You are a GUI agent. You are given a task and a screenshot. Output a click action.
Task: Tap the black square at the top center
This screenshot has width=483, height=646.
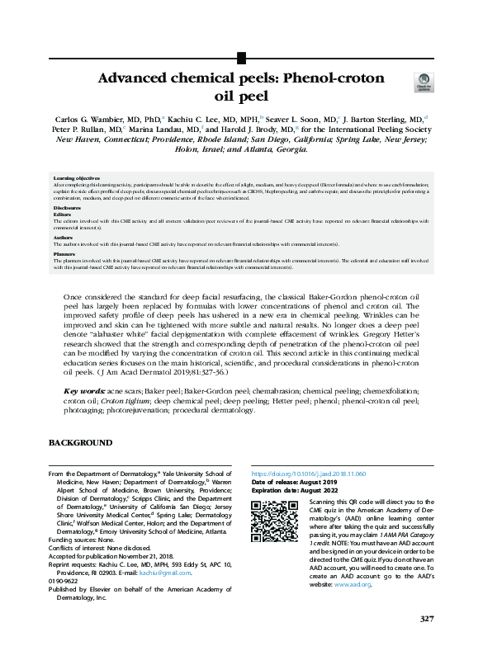[241, 58]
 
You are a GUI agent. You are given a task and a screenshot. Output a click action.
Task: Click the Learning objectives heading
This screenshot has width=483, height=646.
[78, 178]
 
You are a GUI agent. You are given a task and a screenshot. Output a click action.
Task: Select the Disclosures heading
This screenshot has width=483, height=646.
[68, 208]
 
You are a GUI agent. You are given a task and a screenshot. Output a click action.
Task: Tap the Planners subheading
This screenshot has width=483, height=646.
[65, 254]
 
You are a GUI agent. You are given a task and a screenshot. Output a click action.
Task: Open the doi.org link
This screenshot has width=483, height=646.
[308, 474]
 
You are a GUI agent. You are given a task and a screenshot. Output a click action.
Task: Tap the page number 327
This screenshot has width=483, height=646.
[426, 619]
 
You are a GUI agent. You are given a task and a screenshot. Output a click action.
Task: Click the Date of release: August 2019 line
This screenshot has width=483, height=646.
[294, 483]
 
